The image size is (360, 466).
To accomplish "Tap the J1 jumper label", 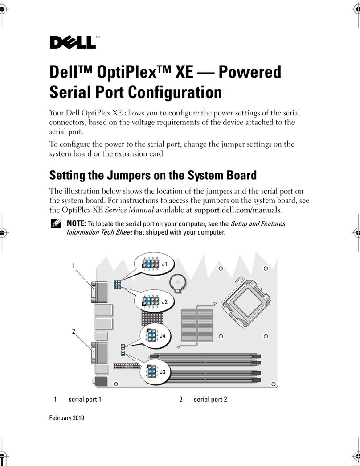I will [164, 264].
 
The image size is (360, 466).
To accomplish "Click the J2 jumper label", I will [164, 302].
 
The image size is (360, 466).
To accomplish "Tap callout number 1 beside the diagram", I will [73, 266].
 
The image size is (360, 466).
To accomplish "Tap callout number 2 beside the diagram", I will [73, 331].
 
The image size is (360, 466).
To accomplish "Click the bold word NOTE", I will [75, 224].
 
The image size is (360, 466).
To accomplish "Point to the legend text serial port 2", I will [210, 400].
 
